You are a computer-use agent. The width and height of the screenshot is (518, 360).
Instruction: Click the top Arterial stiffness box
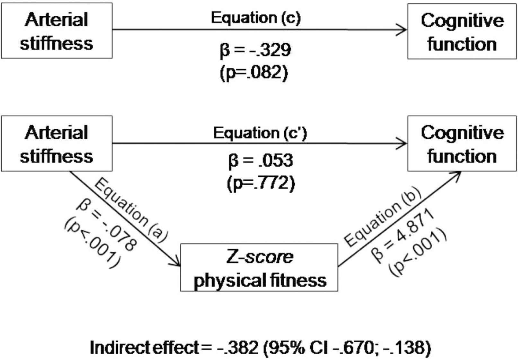pos(57,31)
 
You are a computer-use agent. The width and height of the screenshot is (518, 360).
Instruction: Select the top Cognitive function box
pos(462,31)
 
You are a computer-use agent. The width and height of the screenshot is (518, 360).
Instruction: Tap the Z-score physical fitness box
pos(259,268)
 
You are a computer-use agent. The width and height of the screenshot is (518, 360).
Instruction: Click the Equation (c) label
pos(256,18)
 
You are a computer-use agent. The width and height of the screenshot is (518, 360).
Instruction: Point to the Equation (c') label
pos(260,133)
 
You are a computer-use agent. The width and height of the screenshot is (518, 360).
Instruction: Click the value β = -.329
pos(256,50)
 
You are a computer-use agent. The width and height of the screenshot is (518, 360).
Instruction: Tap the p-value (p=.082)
pos(254,73)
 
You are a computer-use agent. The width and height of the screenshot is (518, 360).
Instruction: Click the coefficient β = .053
pos(260,160)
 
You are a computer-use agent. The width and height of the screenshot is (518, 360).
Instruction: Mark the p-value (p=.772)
pos(260,183)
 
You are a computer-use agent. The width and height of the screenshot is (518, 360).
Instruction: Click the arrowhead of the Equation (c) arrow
pos(403,30)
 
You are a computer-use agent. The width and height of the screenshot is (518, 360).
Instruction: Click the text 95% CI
pos(298,347)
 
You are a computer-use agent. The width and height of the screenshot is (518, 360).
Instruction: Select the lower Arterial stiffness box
pos(57,143)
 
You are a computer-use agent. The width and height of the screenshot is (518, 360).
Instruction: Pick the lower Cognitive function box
pos(462,143)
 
